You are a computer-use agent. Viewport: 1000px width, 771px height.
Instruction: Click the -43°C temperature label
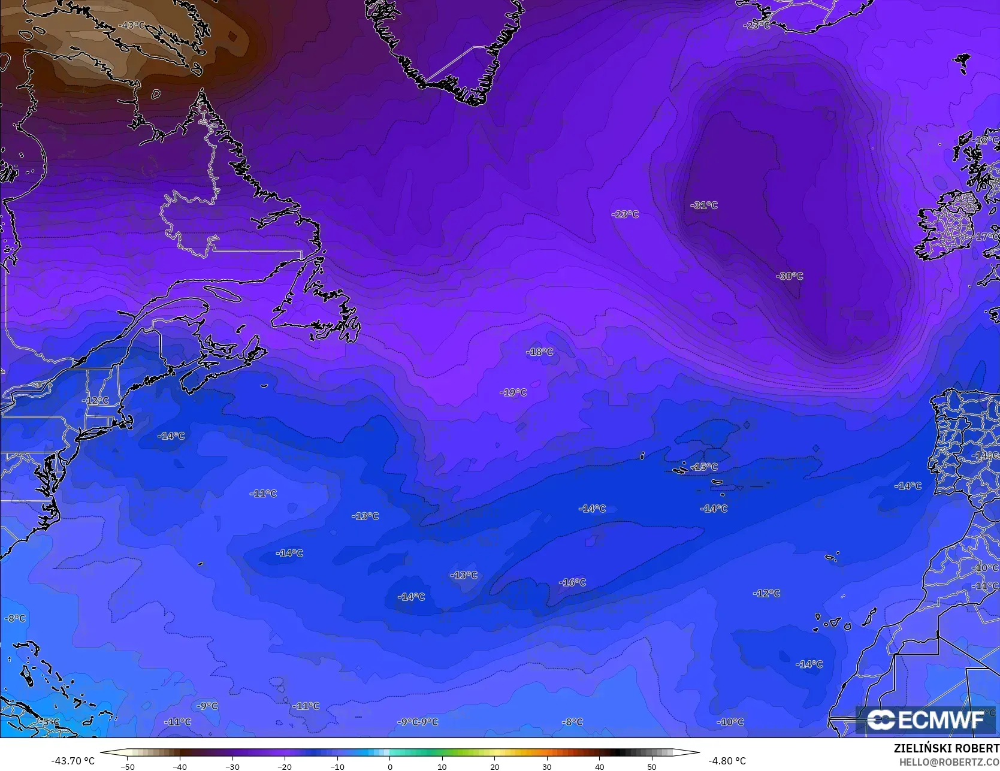[x=132, y=25]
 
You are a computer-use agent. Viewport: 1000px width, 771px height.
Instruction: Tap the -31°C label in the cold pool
[x=704, y=205]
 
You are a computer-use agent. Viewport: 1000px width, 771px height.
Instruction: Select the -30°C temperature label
[x=790, y=276]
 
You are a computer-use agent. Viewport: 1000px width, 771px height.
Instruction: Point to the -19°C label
[x=513, y=392]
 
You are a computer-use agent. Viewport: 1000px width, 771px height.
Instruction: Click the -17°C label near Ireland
[x=986, y=237]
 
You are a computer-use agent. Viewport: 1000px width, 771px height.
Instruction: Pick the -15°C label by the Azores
[x=704, y=467]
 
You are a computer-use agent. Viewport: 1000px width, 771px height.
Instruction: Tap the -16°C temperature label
[x=572, y=582]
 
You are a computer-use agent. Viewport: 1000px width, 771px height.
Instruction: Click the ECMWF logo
[x=926, y=719]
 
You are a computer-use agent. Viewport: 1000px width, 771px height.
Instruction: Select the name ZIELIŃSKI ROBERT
[x=946, y=749]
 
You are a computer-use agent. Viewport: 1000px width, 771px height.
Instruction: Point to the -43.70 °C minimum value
[x=73, y=761]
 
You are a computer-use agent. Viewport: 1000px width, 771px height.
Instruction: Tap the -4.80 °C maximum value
[x=727, y=761]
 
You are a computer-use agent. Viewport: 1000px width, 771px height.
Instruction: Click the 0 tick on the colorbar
[x=389, y=766]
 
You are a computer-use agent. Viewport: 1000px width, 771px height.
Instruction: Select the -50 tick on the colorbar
[x=127, y=766]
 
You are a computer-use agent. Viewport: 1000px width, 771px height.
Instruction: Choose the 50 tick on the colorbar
[x=652, y=766]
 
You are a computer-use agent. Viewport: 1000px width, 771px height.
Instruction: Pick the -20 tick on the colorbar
[x=285, y=766]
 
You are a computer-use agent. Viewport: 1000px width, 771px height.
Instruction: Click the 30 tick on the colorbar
[x=547, y=766]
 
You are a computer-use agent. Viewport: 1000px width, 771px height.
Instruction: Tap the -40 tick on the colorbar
[x=180, y=766]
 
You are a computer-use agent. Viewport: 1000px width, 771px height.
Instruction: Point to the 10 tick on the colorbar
[x=442, y=766]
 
